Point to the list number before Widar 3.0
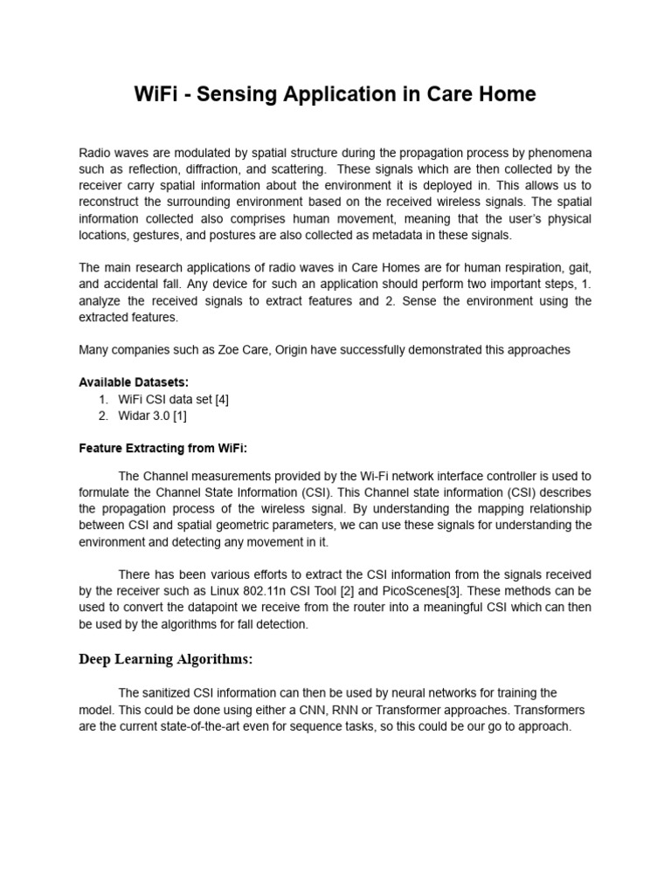(105, 416)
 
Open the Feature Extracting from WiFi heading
(163, 448)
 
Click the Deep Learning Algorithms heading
(166, 658)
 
